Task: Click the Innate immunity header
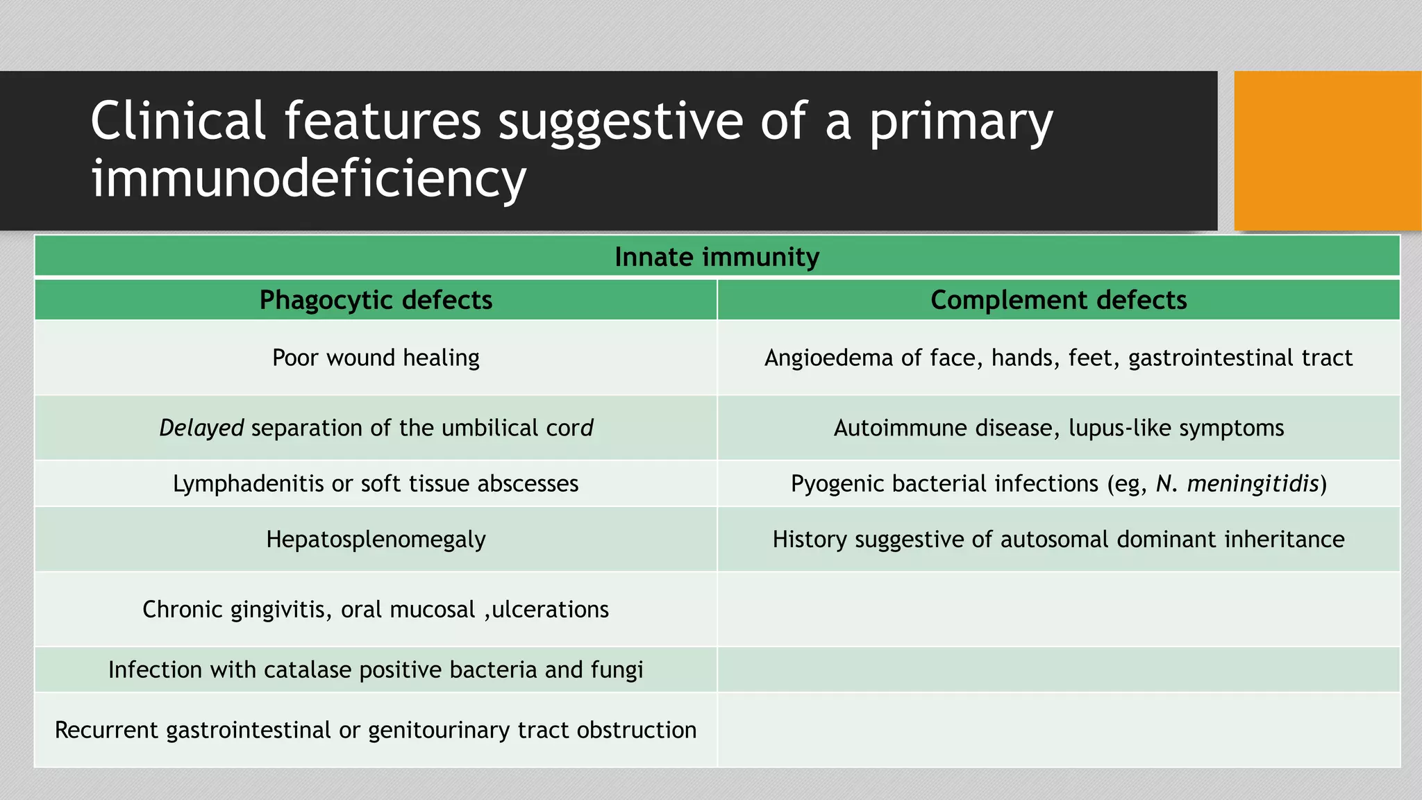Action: coord(717,257)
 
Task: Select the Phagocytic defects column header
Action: coord(376,300)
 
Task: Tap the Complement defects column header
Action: coord(1058,300)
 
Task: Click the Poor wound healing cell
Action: coord(376,358)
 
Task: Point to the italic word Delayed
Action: coord(201,428)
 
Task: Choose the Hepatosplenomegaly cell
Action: coord(376,540)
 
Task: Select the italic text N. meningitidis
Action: coord(1237,483)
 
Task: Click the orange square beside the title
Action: coord(1327,150)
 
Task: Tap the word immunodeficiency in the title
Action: coord(308,178)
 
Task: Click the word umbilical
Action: coord(489,428)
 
